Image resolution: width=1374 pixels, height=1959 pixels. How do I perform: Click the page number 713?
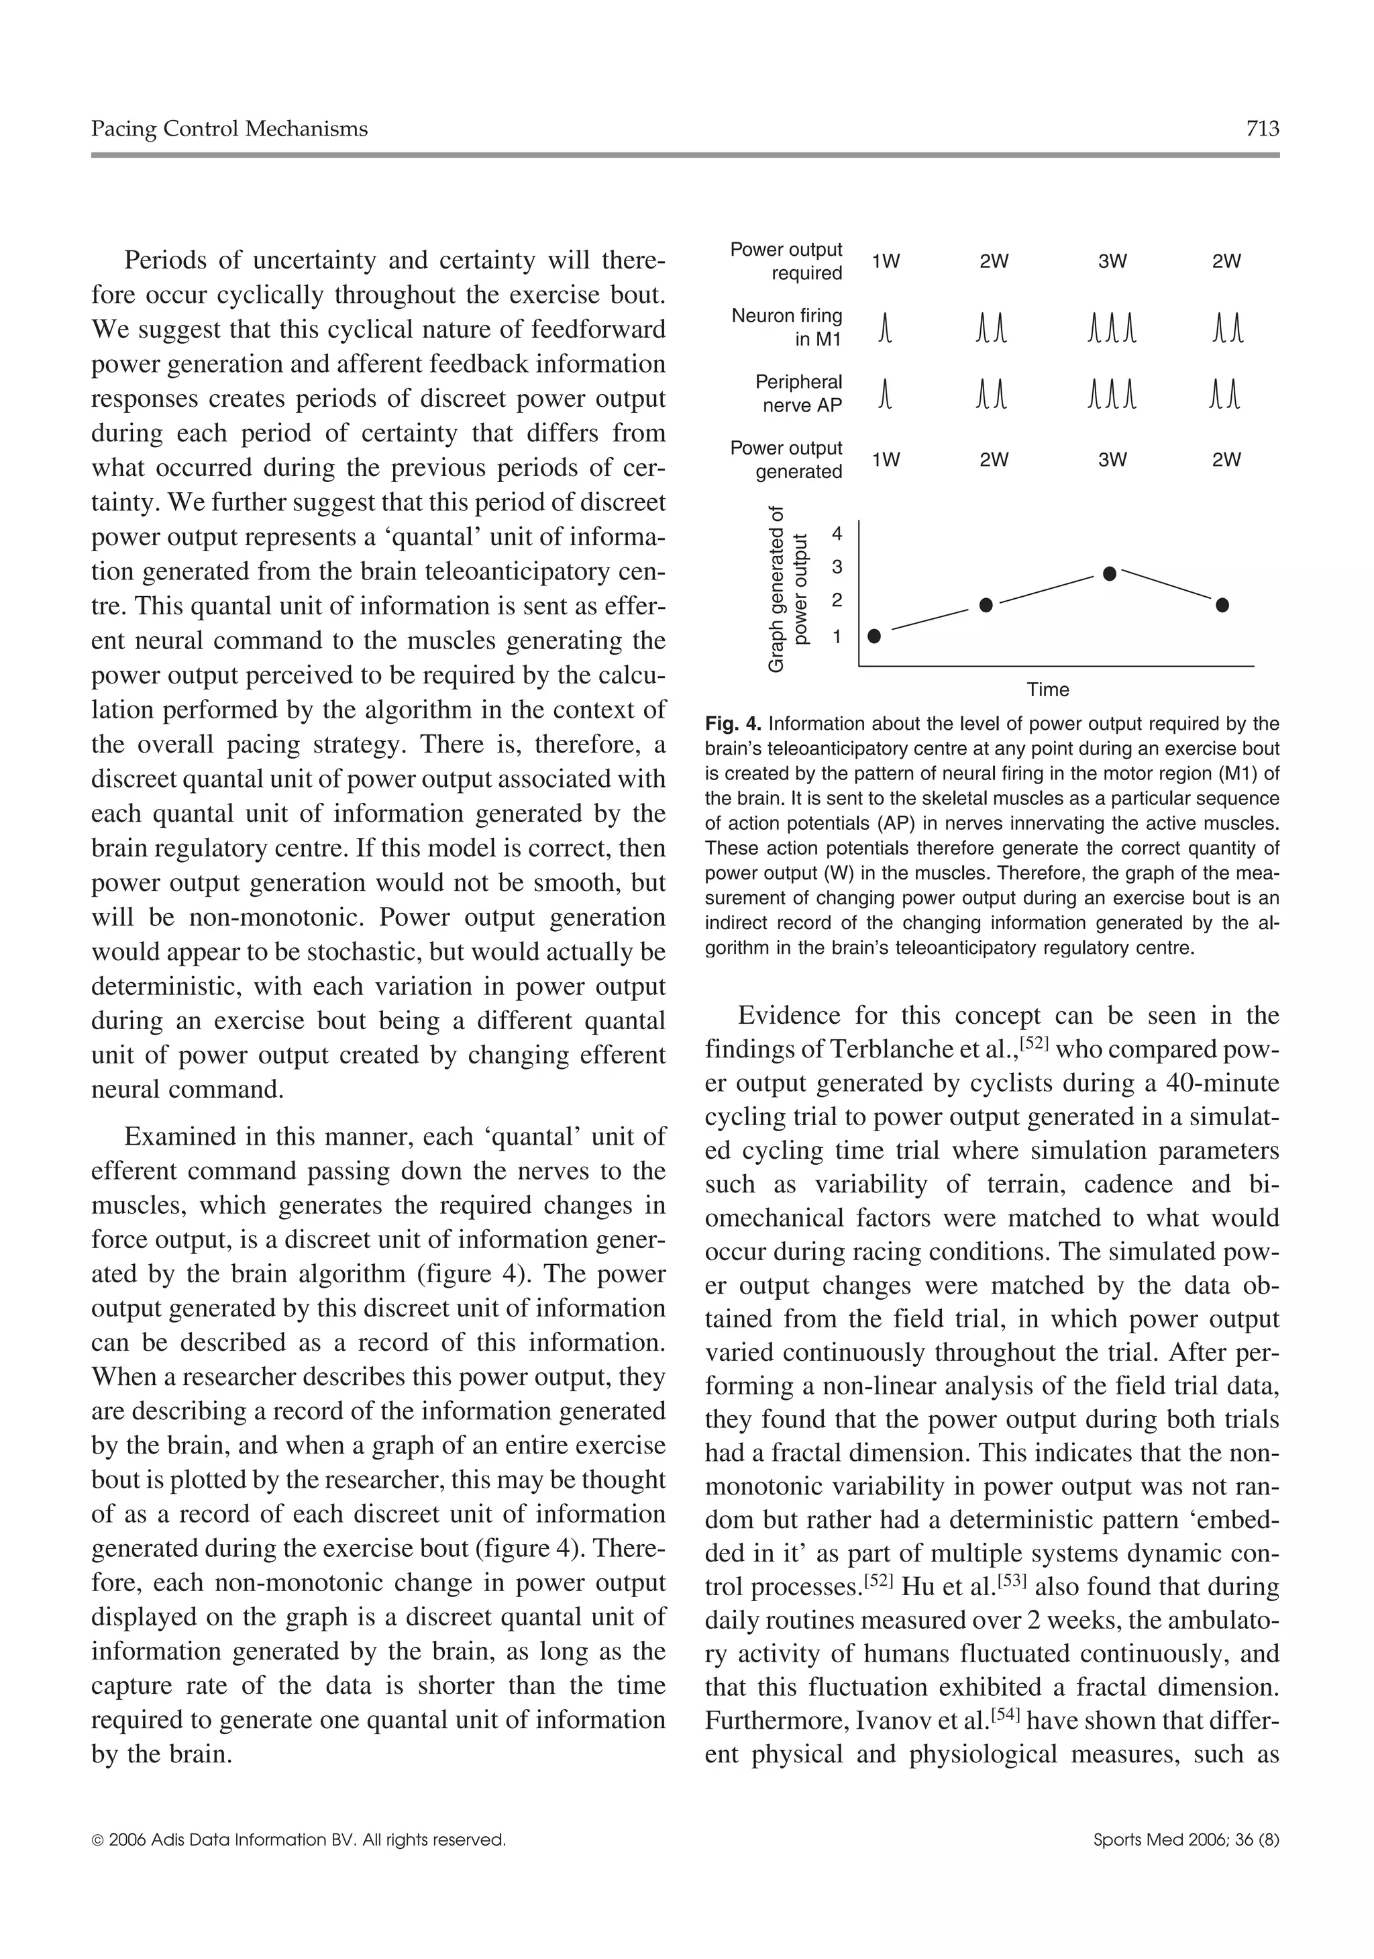pyautogui.click(x=1261, y=129)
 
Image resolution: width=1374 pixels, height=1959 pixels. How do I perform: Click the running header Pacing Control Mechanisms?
pyautogui.click(x=229, y=129)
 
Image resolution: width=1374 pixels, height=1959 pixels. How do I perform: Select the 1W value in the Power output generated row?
pyautogui.click(x=886, y=460)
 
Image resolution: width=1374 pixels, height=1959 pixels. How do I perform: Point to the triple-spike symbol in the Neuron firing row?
pyautogui.click(x=1112, y=328)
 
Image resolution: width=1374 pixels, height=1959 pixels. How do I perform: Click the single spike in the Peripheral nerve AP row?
pyautogui.click(x=886, y=394)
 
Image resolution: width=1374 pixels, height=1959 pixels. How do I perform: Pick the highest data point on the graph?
pyautogui.click(x=1110, y=574)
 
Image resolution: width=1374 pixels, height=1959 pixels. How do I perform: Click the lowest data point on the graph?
pyautogui.click(x=874, y=636)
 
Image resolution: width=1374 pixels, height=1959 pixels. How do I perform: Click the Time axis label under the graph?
pyautogui.click(x=1047, y=689)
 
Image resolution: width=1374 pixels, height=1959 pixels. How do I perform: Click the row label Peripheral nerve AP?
pyautogui.click(x=798, y=393)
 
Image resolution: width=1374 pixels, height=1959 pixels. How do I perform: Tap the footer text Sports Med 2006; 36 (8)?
pyautogui.click(x=1185, y=1840)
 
